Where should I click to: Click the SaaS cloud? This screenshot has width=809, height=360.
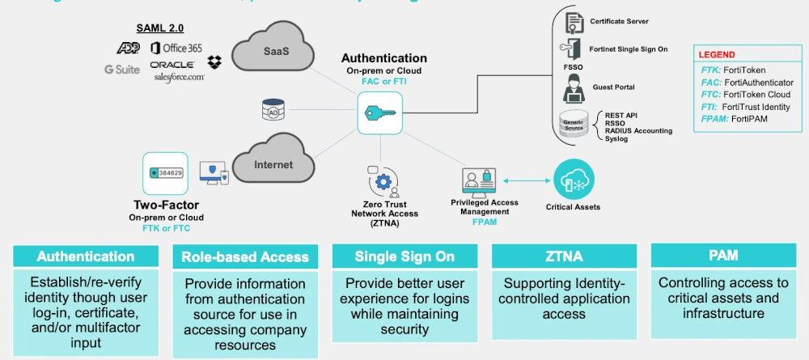click(274, 53)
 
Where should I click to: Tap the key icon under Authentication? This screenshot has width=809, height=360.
click(379, 112)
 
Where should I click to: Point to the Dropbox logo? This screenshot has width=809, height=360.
click(214, 61)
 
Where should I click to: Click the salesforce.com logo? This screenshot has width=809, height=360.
click(179, 77)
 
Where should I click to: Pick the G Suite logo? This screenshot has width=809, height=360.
click(122, 70)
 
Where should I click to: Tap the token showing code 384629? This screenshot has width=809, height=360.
click(165, 173)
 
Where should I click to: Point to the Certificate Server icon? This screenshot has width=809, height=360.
click(574, 22)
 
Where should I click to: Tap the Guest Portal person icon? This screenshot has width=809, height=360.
click(573, 85)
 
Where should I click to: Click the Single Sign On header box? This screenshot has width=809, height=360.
click(404, 256)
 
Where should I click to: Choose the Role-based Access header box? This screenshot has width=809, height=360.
click(245, 257)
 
